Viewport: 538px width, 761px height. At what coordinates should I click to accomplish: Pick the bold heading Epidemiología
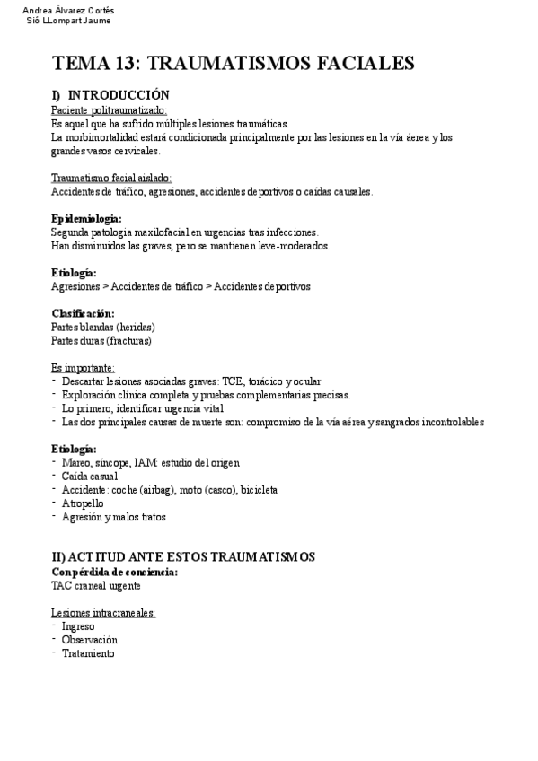87,218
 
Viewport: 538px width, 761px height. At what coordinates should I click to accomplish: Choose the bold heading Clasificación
84,313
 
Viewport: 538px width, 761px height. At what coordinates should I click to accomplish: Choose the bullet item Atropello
82,503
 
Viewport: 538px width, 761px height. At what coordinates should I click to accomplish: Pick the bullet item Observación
90,640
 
